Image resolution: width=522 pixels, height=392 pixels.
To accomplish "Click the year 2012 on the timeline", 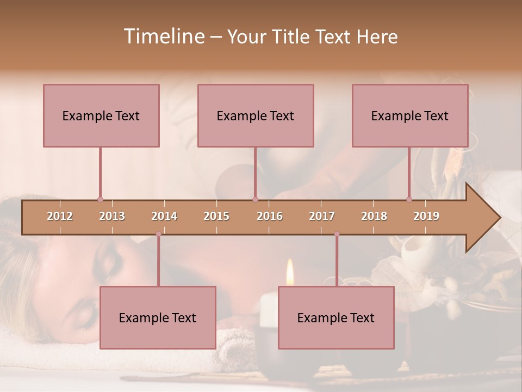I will click(x=60, y=216).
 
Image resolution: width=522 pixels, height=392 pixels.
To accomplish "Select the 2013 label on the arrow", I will click(x=112, y=216).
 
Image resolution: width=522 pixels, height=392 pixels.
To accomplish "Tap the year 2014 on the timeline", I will click(x=164, y=216).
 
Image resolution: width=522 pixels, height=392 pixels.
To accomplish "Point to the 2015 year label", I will click(x=216, y=216).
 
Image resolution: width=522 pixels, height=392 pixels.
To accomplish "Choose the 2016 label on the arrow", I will click(x=270, y=216).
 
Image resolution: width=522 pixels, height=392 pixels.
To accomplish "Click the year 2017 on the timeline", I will click(x=322, y=216).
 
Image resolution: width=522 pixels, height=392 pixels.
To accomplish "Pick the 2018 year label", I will click(x=374, y=216).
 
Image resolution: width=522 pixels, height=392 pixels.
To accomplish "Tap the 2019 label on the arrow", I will click(x=426, y=216).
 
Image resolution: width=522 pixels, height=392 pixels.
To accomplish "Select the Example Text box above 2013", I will click(x=101, y=115).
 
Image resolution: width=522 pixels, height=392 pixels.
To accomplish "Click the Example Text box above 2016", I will click(x=256, y=115).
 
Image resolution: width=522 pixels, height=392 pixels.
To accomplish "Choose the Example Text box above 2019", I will click(x=410, y=115).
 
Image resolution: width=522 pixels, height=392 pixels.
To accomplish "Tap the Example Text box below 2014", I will click(x=158, y=317).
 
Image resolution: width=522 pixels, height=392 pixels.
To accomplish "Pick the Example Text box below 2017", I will click(x=336, y=317).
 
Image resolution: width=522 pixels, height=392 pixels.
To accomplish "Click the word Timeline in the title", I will click(x=163, y=36).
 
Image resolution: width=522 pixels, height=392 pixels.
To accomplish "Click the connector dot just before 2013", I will click(x=100, y=199).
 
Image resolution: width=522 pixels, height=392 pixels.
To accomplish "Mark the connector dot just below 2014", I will click(x=158, y=234).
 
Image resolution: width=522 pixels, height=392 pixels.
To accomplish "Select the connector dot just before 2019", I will click(x=409, y=199).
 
